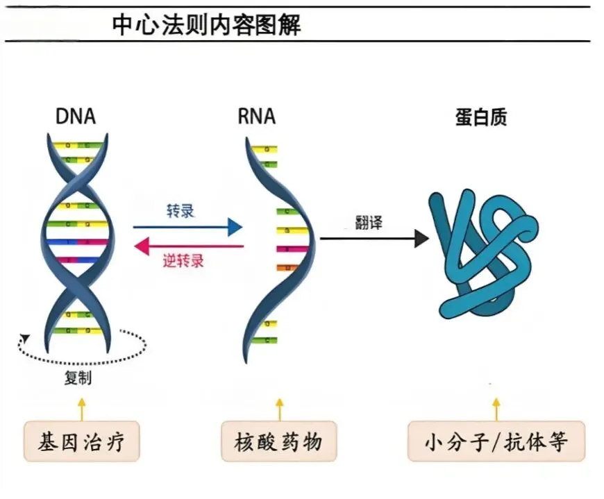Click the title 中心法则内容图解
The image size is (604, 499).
[x=206, y=25]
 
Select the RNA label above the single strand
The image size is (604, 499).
[x=256, y=116]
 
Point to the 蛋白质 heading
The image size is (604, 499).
[x=481, y=117]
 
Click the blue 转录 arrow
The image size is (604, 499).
[x=187, y=227]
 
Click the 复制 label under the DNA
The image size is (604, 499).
[x=78, y=378]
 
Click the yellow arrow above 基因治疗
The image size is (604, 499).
[x=82, y=409]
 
